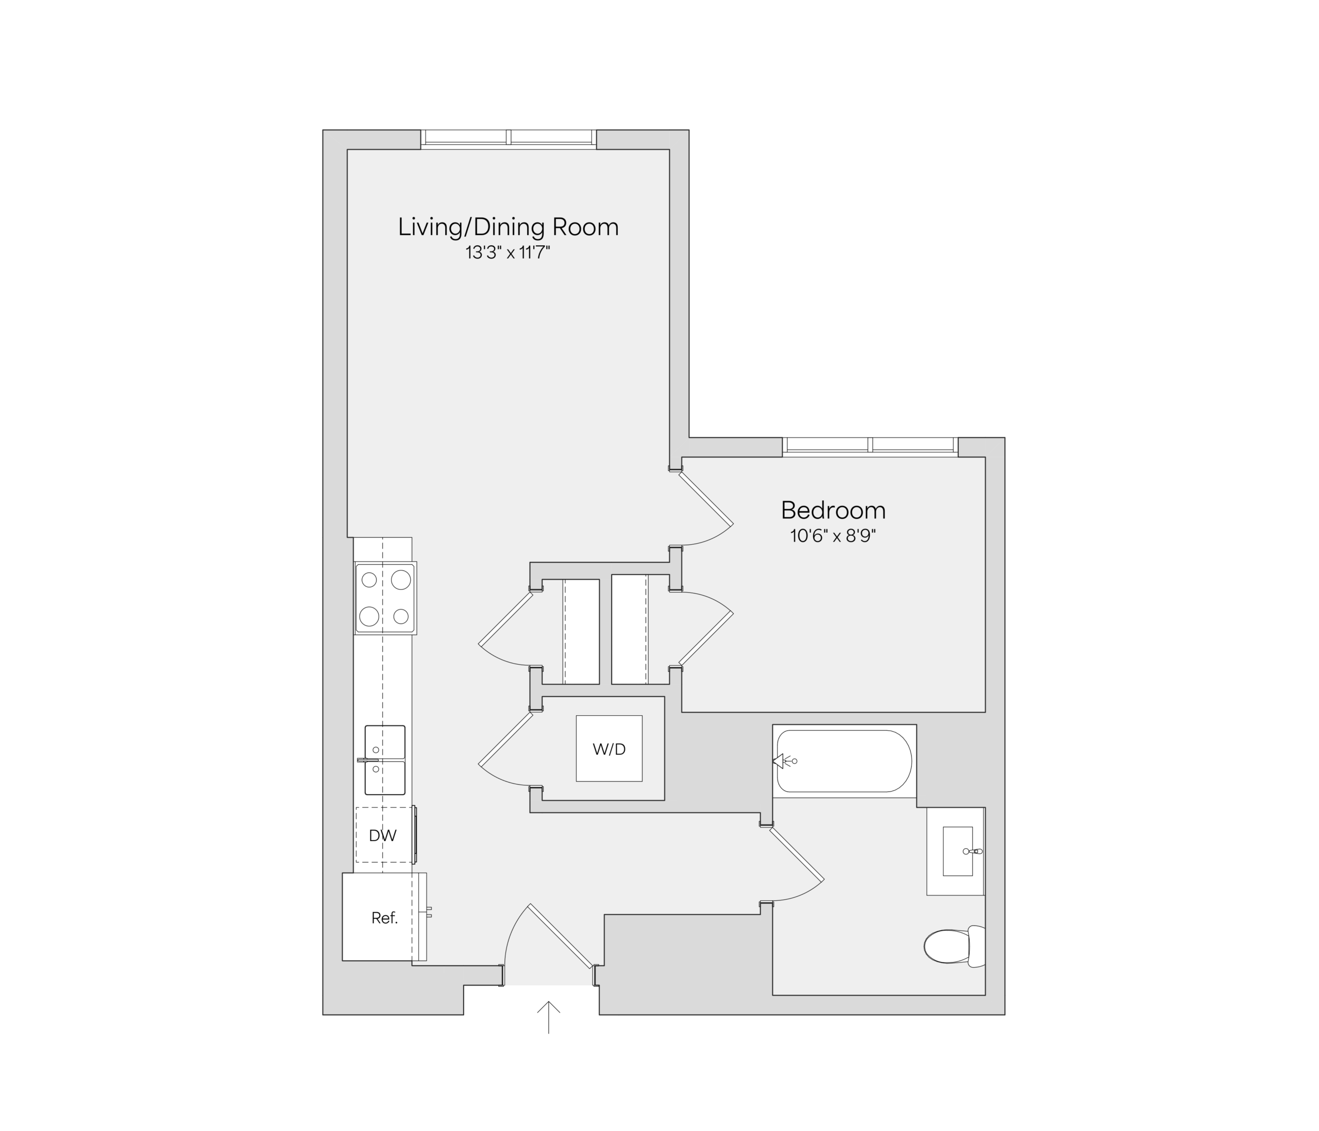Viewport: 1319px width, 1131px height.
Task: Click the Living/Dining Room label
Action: [508, 227]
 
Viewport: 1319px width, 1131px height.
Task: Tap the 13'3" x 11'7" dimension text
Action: [508, 254]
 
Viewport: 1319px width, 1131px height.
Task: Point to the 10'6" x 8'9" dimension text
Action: [833, 536]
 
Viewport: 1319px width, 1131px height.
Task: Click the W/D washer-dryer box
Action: [609, 749]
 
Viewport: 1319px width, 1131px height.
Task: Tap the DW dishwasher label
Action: [383, 836]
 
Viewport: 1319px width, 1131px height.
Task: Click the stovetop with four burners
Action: [386, 598]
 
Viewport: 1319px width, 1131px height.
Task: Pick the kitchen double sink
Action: [384, 760]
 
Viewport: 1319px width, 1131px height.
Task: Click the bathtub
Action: [844, 761]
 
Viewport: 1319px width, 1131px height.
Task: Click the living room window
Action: [509, 140]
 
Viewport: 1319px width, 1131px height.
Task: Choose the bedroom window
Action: [870, 447]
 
